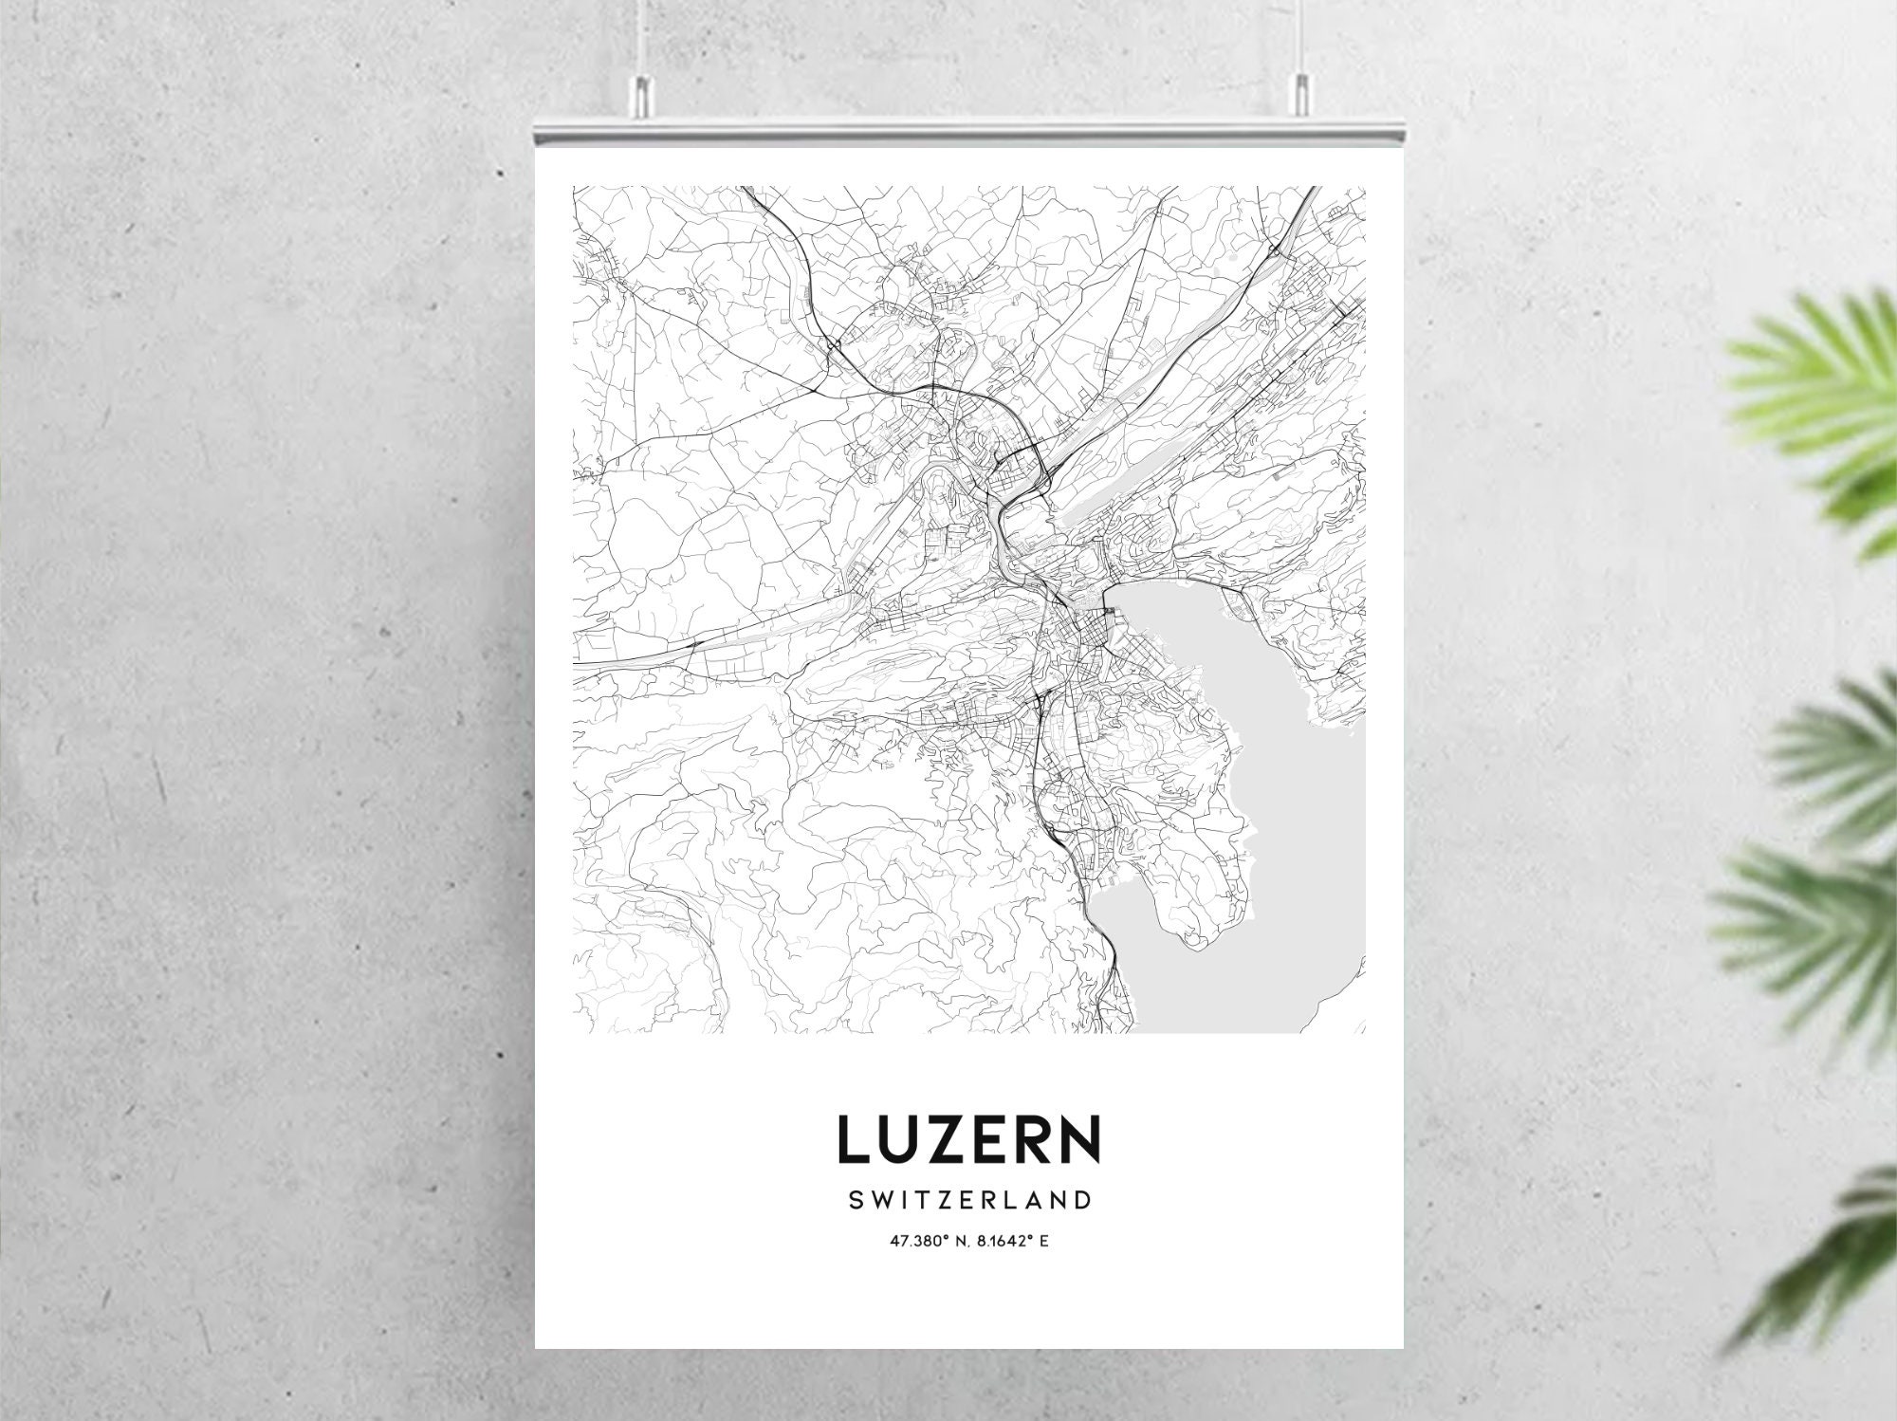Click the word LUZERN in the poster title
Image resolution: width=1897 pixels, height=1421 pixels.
pos(967,1139)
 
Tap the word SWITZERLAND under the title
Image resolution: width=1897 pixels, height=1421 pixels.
pos(967,1201)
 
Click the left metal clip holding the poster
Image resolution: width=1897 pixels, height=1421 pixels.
pos(643,94)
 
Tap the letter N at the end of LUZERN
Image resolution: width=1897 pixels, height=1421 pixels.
pos(1078,1139)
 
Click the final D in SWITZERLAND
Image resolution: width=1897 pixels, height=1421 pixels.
pos(1081,1201)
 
